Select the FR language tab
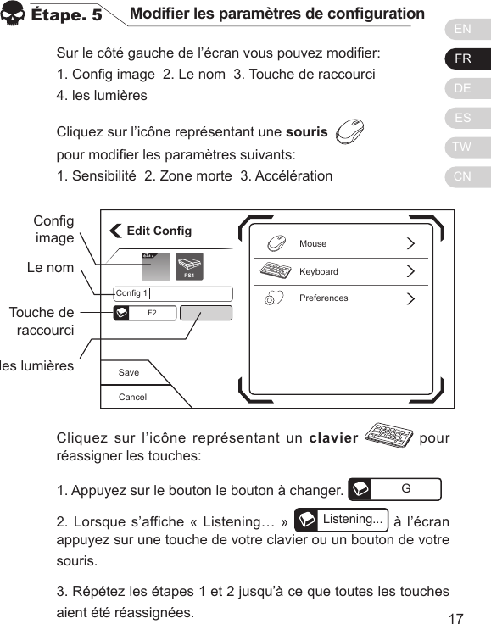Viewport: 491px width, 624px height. coord(463,59)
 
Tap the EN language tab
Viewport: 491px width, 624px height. coord(463,30)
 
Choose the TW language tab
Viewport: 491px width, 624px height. coord(463,148)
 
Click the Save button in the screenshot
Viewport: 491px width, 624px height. coord(129,372)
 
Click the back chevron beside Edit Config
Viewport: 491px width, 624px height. coord(115,231)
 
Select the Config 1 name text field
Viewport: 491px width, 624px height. coord(172,294)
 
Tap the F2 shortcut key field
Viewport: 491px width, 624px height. coord(152,313)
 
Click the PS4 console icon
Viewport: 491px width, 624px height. coord(189,267)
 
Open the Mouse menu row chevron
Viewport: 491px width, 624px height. coord(411,244)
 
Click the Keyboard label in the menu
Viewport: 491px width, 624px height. coord(318,272)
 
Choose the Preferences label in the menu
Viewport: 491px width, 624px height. coord(323,298)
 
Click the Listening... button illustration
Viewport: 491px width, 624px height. coord(341,519)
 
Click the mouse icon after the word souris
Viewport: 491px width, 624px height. coord(350,132)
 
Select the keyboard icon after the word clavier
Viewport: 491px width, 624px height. coord(387,437)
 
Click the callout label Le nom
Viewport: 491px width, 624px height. coord(50,268)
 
